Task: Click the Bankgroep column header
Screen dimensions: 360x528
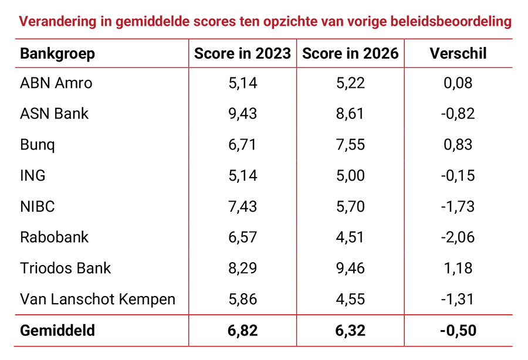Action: coord(57,54)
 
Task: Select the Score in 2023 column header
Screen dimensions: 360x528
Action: coord(242,54)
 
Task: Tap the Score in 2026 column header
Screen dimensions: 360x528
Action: coord(350,54)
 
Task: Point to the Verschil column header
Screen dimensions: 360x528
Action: coord(458,54)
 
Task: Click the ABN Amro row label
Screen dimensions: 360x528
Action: coord(56,83)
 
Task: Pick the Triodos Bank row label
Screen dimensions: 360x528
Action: coord(66,268)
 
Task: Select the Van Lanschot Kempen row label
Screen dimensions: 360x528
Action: coord(98,299)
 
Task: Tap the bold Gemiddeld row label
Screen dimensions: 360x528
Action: coord(57,331)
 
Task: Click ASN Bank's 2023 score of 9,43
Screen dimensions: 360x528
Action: coord(242,114)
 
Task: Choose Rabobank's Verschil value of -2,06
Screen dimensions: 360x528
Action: coord(458,237)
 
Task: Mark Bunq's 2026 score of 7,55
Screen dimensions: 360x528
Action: coord(350,145)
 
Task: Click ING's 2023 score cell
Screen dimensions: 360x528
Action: coord(242,175)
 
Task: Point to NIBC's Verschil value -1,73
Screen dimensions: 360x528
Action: coord(458,206)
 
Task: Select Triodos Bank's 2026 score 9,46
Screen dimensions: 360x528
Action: coord(350,268)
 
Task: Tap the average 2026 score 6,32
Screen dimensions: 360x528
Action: coord(350,331)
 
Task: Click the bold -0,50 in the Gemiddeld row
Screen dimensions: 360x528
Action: coord(458,331)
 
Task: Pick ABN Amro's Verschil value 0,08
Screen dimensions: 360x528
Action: coord(458,83)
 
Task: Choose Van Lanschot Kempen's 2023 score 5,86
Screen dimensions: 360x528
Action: coord(242,299)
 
